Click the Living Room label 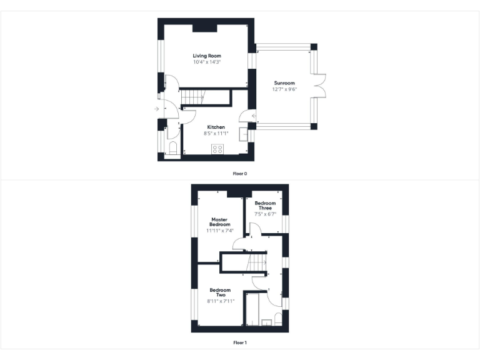click(x=207, y=56)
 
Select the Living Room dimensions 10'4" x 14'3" click(x=207, y=62)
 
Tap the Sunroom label click(x=284, y=83)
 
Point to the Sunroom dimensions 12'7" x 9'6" click(x=284, y=89)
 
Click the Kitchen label click(x=216, y=127)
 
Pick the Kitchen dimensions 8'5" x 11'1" click(x=216, y=133)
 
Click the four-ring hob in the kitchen click(x=218, y=149)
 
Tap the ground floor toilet click(x=172, y=149)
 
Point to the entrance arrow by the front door click(x=156, y=110)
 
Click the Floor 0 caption click(x=240, y=173)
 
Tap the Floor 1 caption click(x=240, y=342)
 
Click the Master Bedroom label click(x=220, y=222)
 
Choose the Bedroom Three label click(x=265, y=206)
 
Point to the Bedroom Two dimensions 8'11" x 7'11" click(x=220, y=301)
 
